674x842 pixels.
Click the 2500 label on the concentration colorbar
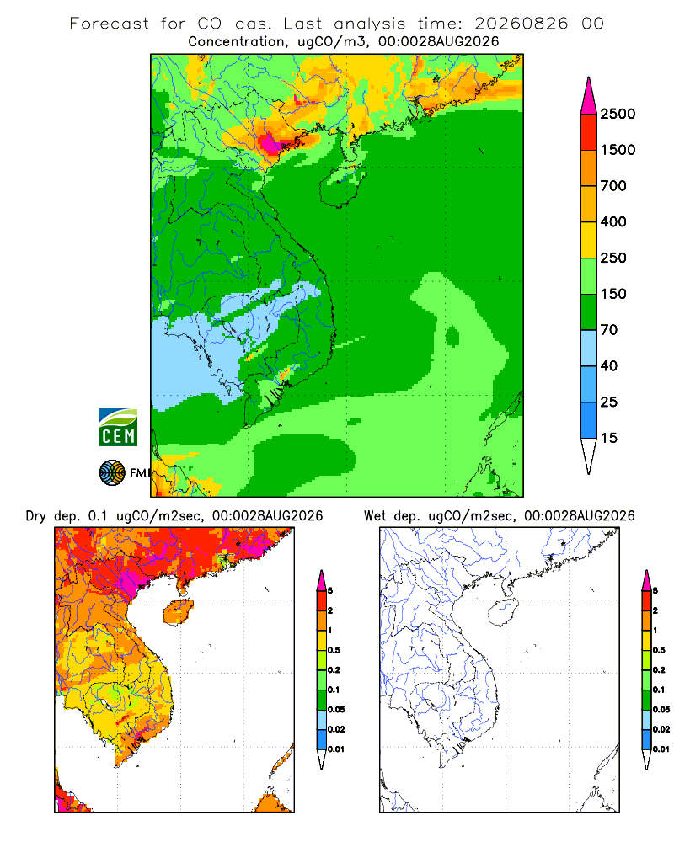click(x=618, y=114)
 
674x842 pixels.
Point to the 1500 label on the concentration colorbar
click(x=618, y=150)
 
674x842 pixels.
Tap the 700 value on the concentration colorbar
click(x=613, y=186)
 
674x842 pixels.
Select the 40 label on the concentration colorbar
click(x=609, y=365)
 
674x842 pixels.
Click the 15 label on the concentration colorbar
click(x=609, y=438)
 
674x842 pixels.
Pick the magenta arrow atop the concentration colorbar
click(x=589, y=96)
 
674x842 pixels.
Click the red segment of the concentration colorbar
click(x=589, y=132)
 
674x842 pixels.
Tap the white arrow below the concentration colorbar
click(x=589, y=456)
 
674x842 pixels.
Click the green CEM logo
click(x=118, y=428)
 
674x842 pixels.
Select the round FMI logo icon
click(x=112, y=473)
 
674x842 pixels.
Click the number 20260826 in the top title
click(x=521, y=24)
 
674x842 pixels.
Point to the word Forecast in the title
click(x=110, y=24)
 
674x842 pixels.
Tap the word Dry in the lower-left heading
click(x=36, y=517)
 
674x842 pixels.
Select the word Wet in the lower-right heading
click(x=375, y=516)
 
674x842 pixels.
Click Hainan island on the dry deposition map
click(x=179, y=613)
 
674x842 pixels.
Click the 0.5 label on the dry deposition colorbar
click(x=334, y=650)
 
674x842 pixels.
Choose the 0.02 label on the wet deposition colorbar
click(x=661, y=729)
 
